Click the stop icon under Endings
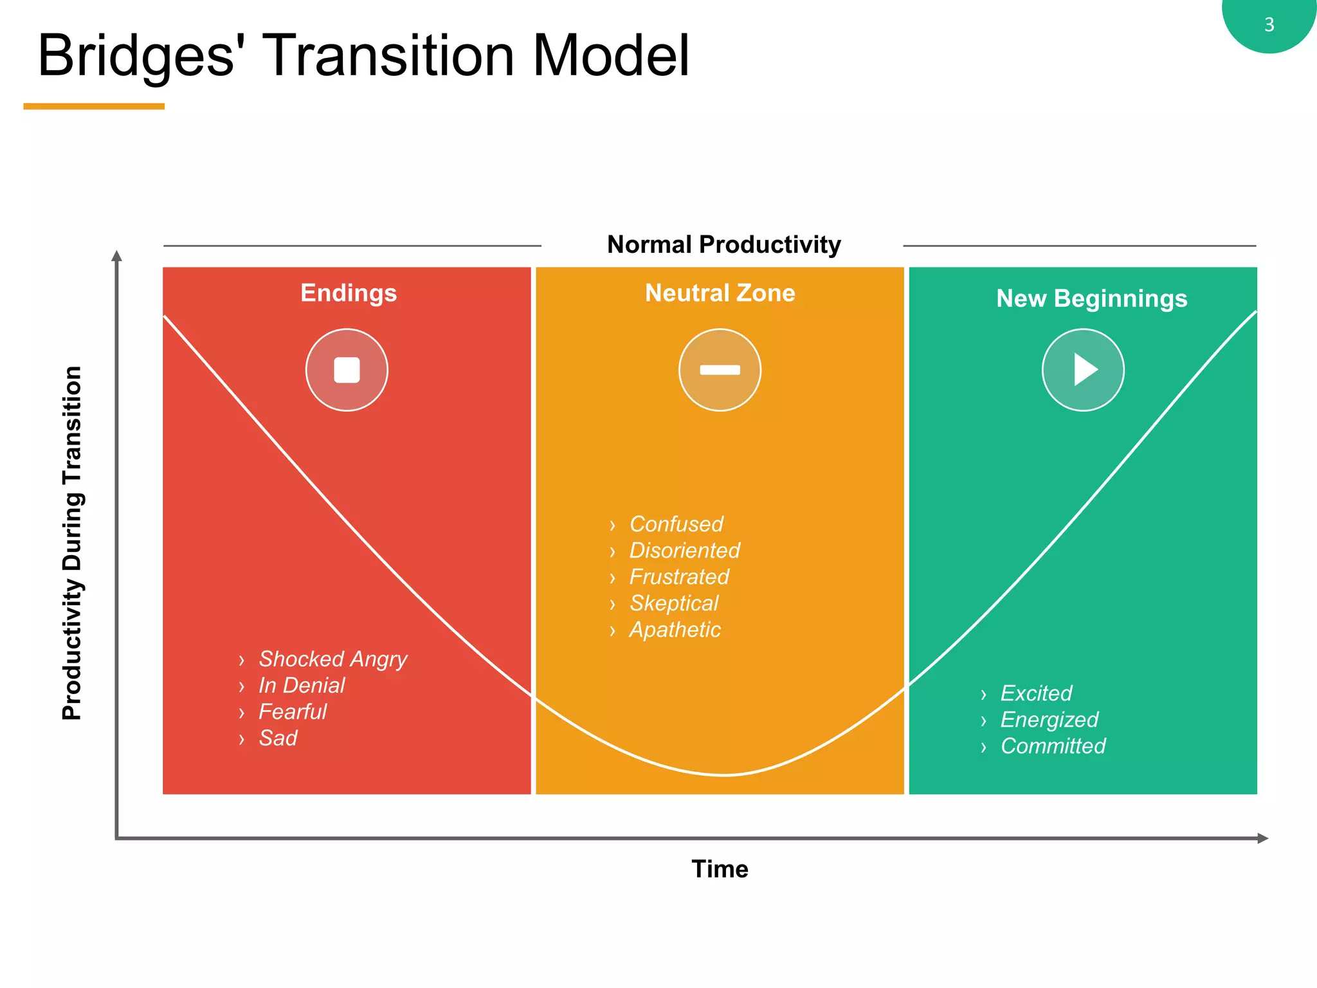coord(347,370)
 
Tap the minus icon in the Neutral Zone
coord(720,370)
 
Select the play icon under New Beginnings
coord(1084,370)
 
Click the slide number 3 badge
coord(1269,24)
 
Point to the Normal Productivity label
coord(723,244)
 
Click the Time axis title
coord(720,869)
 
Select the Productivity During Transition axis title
coord(72,543)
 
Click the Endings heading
coord(349,293)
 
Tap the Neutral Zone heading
coord(720,293)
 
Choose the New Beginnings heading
coord(1091,298)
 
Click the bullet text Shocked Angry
coord(332,659)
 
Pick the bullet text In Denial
coord(302,685)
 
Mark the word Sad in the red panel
coord(278,738)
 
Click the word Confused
coord(676,524)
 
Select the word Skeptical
coord(673,603)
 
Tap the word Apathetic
coord(675,629)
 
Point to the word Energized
coord(1049,719)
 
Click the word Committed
coord(1053,746)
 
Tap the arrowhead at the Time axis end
coord(1263,838)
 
